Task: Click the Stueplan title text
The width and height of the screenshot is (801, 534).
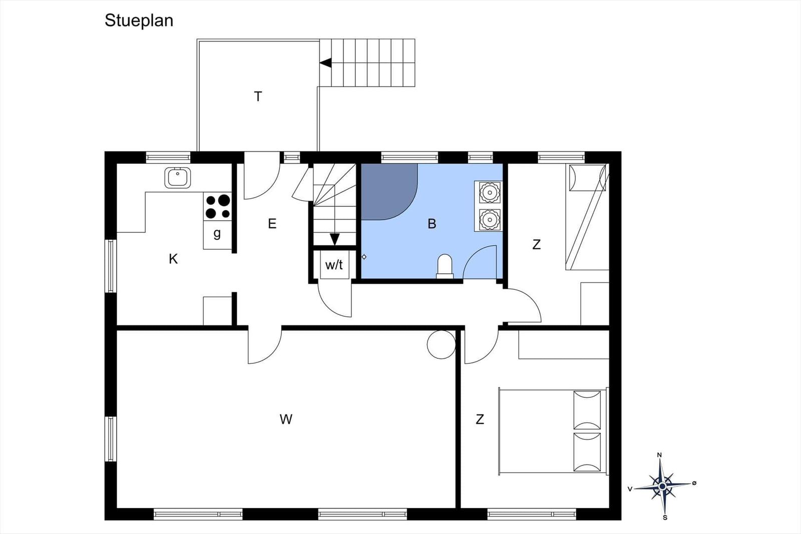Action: coord(139,21)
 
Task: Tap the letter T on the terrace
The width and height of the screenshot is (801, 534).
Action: coord(258,96)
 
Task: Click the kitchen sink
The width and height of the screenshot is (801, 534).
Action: coord(178,178)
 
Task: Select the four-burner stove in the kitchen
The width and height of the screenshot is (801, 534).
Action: coord(218,207)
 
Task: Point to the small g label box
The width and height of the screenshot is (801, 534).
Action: coord(217,234)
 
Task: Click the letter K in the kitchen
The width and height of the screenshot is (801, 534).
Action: coord(173,259)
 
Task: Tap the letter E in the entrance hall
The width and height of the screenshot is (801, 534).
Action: coord(272,223)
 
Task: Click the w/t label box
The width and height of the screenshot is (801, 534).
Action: coord(334,265)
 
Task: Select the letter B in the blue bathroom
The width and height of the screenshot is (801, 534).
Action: coord(432,224)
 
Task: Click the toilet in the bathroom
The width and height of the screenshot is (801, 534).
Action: coord(445,266)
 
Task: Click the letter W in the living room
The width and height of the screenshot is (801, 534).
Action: coord(286,419)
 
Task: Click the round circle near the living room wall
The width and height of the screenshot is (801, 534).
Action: coord(441,345)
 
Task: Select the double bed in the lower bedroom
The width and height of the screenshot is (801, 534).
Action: coord(551,431)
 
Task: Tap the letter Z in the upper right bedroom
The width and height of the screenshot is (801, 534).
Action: coord(536,244)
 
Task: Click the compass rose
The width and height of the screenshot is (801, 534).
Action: coord(662,486)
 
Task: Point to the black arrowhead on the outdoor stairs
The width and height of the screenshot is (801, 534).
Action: coord(326,63)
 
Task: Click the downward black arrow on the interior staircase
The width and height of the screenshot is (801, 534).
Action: coord(335,239)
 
